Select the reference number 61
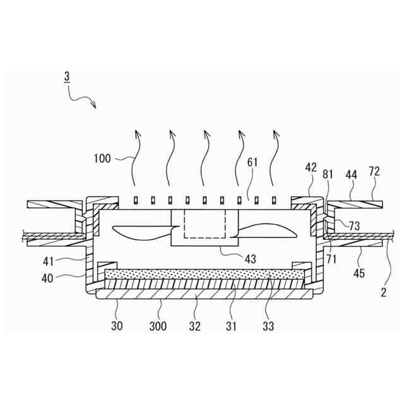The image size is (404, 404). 252,163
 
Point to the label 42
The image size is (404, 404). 311,168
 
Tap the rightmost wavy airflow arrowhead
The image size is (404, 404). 275,133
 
